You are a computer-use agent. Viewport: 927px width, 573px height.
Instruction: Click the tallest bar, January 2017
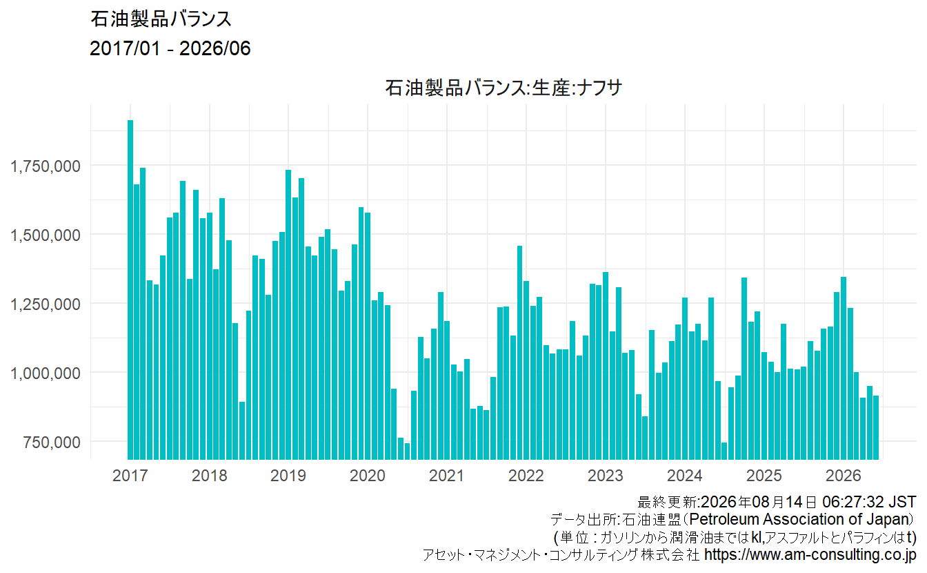pos(130,290)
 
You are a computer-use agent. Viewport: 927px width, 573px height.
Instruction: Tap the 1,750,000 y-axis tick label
pos(45,166)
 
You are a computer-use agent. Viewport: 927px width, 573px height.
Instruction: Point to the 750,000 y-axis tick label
pos(52,443)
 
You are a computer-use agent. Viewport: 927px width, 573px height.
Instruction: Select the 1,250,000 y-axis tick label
pos(45,304)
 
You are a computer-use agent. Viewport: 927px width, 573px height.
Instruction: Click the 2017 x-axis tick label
pos(130,475)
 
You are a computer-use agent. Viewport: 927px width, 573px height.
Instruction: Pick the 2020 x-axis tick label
pos(368,475)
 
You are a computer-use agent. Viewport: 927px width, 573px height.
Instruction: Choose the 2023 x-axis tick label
pos(606,475)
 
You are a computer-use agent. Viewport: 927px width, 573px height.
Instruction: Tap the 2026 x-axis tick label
pos(844,475)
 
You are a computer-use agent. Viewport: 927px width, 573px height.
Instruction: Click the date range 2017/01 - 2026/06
pos(170,48)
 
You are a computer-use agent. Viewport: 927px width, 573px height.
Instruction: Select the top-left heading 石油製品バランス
pos(161,19)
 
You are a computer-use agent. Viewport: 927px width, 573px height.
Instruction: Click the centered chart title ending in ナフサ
pos(504,88)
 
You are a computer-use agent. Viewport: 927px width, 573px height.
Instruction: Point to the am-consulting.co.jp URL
pos(810,554)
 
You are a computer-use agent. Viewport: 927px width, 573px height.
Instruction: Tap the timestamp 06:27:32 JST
pos(869,502)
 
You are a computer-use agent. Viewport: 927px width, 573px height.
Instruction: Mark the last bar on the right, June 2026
pos(876,427)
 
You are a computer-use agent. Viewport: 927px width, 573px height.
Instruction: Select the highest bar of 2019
pos(288,315)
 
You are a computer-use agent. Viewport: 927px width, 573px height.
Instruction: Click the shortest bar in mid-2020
pos(407,451)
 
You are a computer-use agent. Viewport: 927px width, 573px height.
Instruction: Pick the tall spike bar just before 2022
pos(520,353)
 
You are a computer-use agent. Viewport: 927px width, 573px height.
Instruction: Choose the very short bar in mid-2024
pos(724,451)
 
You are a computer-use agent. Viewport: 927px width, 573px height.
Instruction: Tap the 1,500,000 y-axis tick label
pos(45,235)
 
